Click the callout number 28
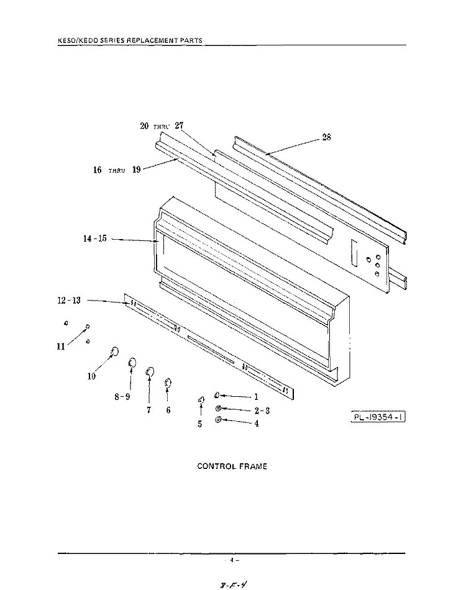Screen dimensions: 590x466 point(327,138)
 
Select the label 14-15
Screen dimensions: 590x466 point(95,238)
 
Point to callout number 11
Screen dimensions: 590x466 point(61,347)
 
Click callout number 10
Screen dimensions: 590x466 point(91,376)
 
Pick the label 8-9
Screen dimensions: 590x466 point(122,397)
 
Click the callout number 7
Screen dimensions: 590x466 point(148,410)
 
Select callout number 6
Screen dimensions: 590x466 point(168,410)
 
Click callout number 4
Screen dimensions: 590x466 point(257,424)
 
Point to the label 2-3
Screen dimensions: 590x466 point(262,411)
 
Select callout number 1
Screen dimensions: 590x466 point(255,396)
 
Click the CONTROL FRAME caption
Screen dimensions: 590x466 point(232,466)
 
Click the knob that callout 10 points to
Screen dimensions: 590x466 point(114,353)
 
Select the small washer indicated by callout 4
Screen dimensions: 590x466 point(218,421)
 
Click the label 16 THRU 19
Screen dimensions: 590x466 point(117,170)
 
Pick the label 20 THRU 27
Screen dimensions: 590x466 point(162,125)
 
